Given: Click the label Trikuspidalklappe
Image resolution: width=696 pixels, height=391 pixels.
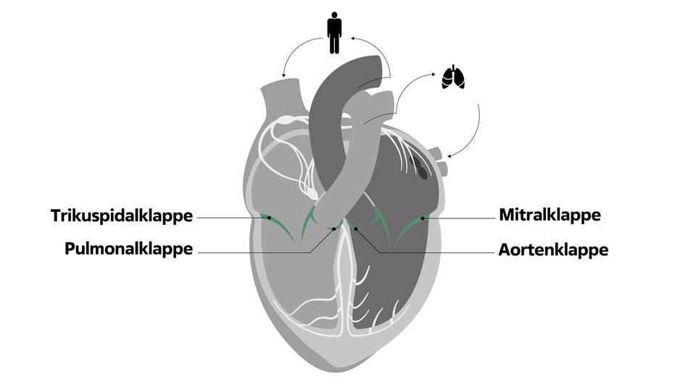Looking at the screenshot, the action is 122,216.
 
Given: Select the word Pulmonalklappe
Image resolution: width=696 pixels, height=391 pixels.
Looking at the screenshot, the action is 129,248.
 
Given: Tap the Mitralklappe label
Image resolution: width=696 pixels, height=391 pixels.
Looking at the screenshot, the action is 550,215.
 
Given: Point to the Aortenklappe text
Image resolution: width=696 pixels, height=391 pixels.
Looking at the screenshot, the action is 553,250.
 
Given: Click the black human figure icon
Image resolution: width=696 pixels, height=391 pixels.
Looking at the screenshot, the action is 334,33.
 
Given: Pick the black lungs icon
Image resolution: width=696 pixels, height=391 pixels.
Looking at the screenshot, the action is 453,77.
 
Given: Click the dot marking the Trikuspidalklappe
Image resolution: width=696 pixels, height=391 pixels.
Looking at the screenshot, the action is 268,218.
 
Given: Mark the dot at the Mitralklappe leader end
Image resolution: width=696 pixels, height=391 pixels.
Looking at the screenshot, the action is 423,218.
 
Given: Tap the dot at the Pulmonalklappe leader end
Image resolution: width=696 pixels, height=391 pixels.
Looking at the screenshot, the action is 333,229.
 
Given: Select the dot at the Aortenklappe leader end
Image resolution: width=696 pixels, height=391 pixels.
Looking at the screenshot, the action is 355,229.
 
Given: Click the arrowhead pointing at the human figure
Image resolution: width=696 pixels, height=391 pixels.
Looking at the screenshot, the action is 353,38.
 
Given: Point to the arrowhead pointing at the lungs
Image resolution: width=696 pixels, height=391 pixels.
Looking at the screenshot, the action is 434,75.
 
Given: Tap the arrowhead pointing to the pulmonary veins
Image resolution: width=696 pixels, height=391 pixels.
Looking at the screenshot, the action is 449,155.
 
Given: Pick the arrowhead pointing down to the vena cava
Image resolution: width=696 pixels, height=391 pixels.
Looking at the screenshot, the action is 283,76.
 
